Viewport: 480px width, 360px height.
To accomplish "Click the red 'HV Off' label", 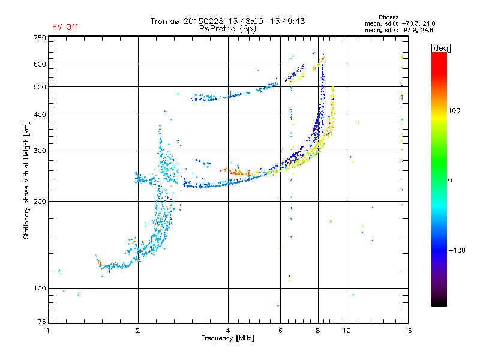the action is [65, 27].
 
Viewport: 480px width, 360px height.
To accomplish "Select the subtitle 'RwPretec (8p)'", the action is [227, 29].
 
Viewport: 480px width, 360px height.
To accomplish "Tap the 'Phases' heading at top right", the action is [388, 17].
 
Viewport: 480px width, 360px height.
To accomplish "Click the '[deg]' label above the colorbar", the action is [440, 49].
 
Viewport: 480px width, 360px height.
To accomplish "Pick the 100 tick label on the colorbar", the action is [454, 110].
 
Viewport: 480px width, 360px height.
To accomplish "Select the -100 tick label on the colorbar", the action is [457, 250].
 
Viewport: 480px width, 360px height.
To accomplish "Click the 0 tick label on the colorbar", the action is [450, 181].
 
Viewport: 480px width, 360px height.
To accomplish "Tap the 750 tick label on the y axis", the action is [40, 38].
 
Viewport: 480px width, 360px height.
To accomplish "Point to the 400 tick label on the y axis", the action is [40, 115].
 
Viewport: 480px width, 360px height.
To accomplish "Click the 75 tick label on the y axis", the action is [42, 322].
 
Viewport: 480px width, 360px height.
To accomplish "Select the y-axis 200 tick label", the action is [40, 202].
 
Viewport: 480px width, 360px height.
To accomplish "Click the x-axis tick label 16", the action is [408, 331].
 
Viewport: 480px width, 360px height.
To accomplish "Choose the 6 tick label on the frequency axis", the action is [280, 331].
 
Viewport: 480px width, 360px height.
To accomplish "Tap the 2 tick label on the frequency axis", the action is [138, 331].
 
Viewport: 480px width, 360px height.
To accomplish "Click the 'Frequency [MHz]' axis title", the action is [227, 338].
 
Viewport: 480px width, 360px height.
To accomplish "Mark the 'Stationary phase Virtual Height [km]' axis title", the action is [26, 180].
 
